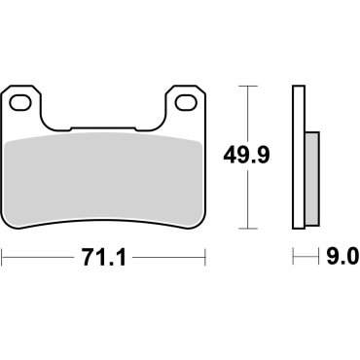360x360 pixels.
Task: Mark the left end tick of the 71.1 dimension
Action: click(3, 258)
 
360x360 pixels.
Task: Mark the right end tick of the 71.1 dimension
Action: click(207, 258)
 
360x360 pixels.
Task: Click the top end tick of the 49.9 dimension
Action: click(251, 87)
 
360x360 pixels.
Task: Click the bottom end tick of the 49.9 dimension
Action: click(251, 230)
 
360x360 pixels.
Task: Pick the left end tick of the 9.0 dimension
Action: click(293, 258)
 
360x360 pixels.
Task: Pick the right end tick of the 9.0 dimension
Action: click(318, 258)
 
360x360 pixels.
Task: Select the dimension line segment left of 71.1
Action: click(39, 258)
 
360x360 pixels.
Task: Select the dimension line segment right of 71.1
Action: click(170, 258)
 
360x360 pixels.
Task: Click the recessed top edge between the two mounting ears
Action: click(105, 128)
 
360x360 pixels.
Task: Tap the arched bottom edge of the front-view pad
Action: click(105, 220)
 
